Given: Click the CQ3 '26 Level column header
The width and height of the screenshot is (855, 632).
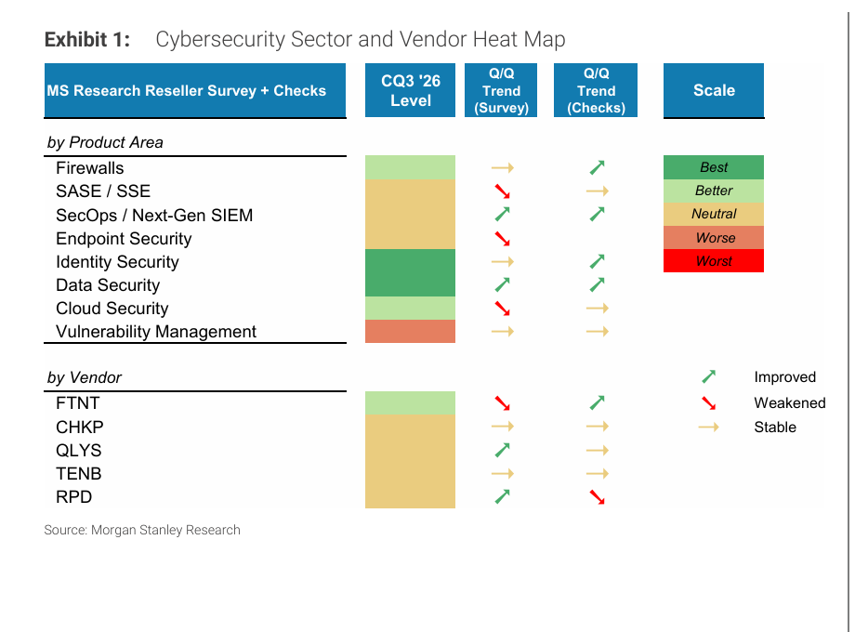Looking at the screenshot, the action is pyautogui.click(x=410, y=90).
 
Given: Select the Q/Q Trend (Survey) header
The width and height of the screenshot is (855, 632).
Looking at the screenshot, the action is pyautogui.click(x=501, y=90).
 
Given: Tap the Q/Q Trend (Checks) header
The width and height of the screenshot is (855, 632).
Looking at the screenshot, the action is pyautogui.click(x=596, y=90).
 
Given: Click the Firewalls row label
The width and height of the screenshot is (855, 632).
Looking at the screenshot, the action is pyautogui.click(x=90, y=168).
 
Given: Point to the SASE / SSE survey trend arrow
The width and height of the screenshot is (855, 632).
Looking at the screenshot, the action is pyautogui.click(x=502, y=191).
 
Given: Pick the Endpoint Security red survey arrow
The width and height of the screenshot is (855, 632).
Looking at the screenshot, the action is pyautogui.click(x=502, y=239).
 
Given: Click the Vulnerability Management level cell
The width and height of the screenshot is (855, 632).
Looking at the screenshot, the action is pyautogui.click(x=410, y=332).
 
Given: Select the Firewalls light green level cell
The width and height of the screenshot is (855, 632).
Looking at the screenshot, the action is pyautogui.click(x=410, y=167).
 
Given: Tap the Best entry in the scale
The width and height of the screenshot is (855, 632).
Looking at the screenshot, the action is pyautogui.click(x=713, y=167).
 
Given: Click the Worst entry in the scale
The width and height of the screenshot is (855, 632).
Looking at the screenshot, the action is pyautogui.click(x=713, y=260).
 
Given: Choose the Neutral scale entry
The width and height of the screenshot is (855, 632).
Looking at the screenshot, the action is pyautogui.click(x=713, y=214).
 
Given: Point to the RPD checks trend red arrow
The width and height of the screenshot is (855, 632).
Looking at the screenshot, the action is pyautogui.click(x=597, y=497).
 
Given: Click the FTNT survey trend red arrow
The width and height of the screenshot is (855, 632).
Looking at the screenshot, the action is pyautogui.click(x=502, y=403).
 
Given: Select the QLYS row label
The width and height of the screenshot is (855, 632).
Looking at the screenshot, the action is pyautogui.click(x=78, y=451).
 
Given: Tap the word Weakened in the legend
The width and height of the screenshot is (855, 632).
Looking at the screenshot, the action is pyautogui.click(x=790, y=403).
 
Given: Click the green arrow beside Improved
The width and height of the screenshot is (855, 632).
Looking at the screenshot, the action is pyautogui.click(x=708, y=376).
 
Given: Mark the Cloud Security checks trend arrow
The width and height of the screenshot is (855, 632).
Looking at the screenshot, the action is pyautogui.click(x=597, y=308).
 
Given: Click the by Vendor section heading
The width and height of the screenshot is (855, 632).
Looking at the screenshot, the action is pyautogui.click(x=85, y=377).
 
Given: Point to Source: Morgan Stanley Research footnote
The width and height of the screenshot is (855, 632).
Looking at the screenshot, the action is pyautogui.click(x=142, y=530).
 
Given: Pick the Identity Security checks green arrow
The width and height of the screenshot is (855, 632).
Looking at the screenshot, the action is pyautogui.click(x=597, y=262).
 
